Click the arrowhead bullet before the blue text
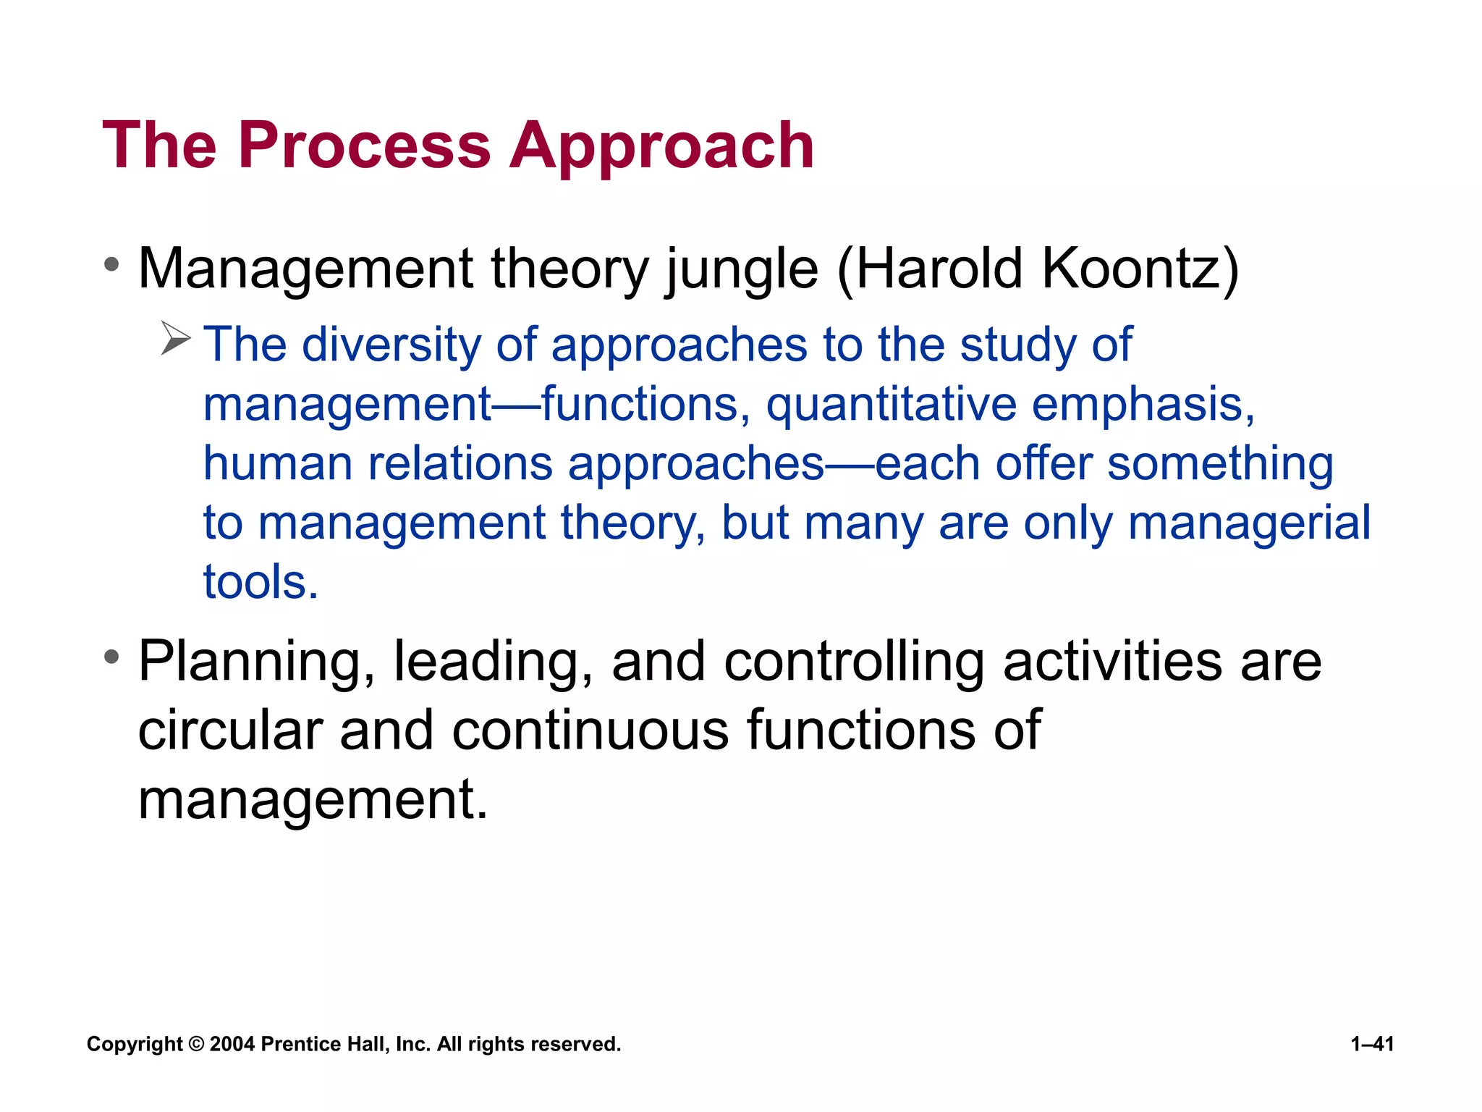tap(175, 338)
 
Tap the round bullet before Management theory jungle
tap(111, 265)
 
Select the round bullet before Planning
tap(111, 657)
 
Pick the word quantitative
tap(892, 405)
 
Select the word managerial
tap(1248, 523)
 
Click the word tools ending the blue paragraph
tap(260, 582)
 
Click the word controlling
tap(854, 662)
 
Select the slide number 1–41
tap(1372, 1044)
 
